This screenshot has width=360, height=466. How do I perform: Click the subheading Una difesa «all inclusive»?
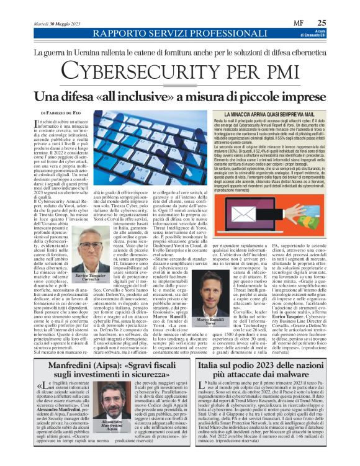(180, 96)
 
